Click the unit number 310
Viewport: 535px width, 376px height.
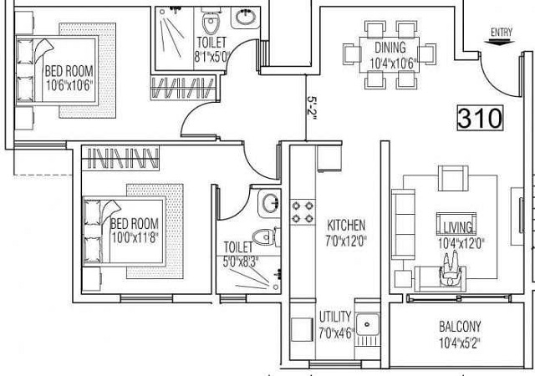pyautogui.click(x=480, y=118)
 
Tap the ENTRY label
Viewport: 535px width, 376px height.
pyautogui.click(x=502, y=33)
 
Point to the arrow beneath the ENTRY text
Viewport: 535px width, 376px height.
pyautogui.click(x=500, y=42)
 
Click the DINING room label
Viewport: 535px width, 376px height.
pyautogui.click(x=390, y=48)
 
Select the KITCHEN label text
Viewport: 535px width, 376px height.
pyautogui.click(x=346, y=226)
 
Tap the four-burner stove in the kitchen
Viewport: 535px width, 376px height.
pyautogui.click(x=303, y=212)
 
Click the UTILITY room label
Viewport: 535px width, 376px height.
pyautogui.click(x=335, y=317)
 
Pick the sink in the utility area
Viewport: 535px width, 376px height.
pyautogui.click(x=368, y=324)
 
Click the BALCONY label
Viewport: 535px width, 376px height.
pyautogui.click(x=460, y=327)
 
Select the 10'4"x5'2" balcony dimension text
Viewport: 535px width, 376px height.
pyautogui.click(x=460, y=343)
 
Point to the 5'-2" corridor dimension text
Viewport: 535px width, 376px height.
pyautogui.click(x=312, y=108)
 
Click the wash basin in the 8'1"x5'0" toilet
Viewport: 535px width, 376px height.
pyautogui.click(x=245, y=18)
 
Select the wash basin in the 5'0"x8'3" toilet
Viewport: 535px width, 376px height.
pyautogui.click(x=270, y=203)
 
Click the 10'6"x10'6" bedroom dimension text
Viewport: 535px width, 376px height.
pyautogui.click(x=69, y=85)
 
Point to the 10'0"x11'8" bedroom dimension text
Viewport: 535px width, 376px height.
pyautogui.click(x=135, y=237)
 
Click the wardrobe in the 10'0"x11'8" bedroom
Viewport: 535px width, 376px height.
pyautogui.click(x=120, y=158)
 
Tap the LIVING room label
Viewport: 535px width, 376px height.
pyautogui.click(x=457, y=227)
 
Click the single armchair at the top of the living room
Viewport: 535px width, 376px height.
pyautogui.click(x=453, y=178)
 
